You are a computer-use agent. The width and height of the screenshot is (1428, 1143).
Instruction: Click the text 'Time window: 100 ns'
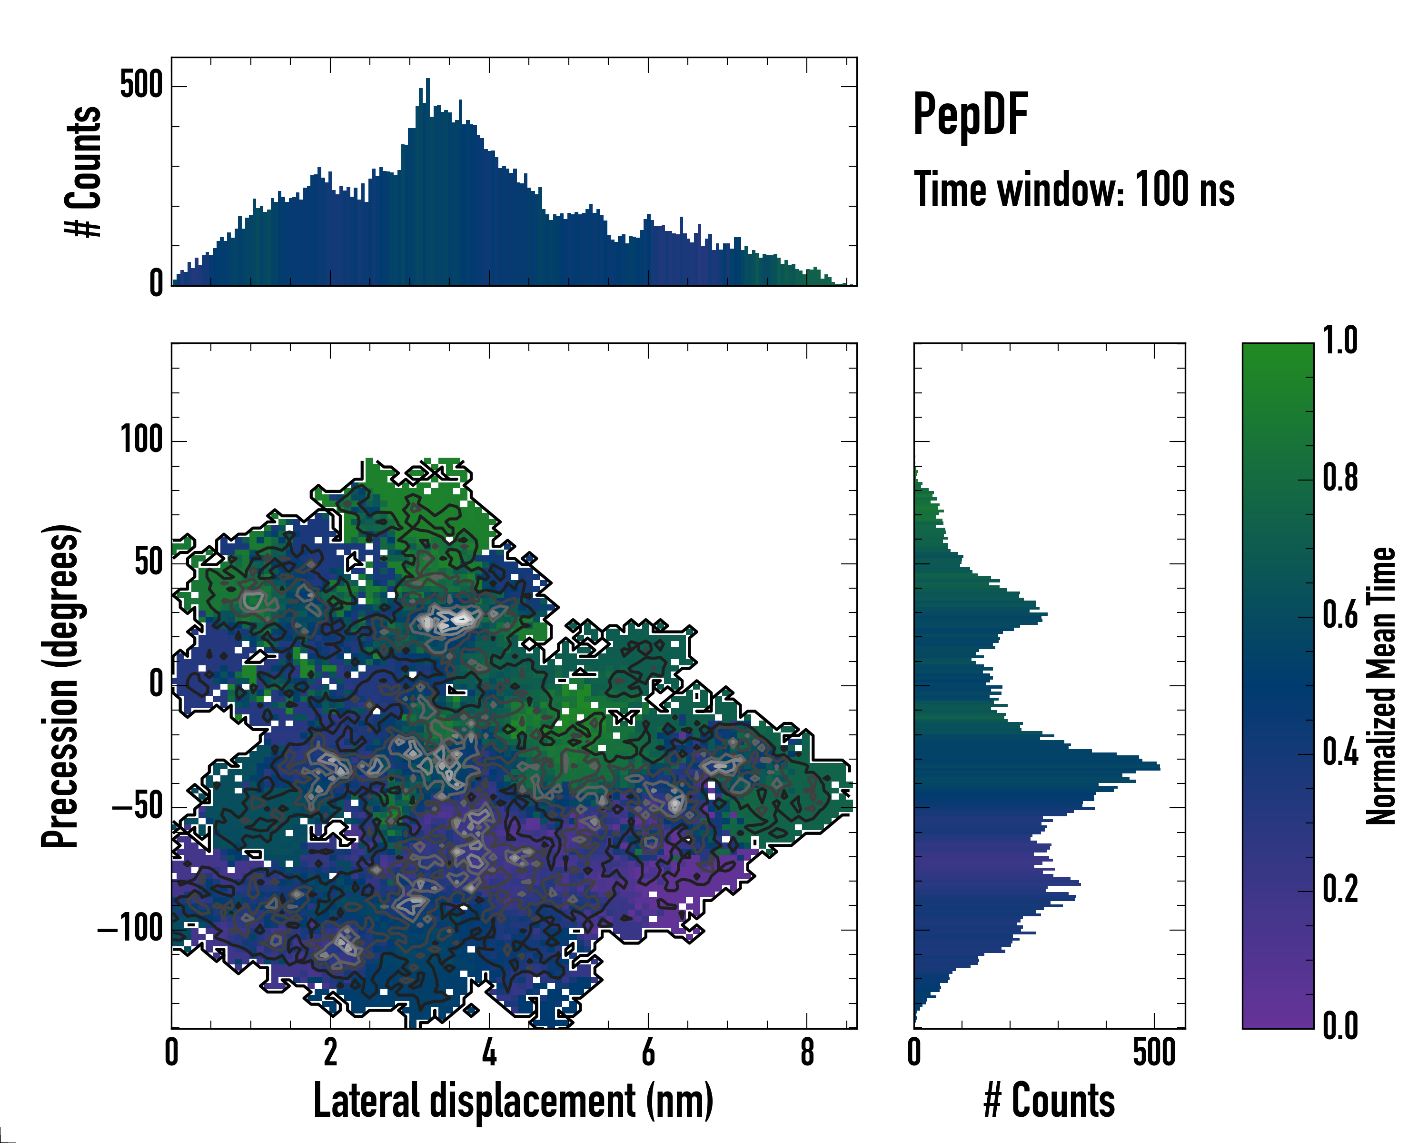tap(1074, 190)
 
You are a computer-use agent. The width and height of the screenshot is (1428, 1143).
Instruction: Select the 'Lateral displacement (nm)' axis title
tap(513, 1101)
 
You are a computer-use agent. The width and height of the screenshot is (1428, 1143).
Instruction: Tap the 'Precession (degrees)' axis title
tap(61, 686)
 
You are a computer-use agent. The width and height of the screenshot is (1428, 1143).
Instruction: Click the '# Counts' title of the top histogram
tap(83, 171)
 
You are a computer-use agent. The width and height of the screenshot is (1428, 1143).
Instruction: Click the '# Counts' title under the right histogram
tap(1049, 1101)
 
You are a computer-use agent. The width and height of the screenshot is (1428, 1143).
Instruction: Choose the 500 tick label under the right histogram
tap(1154, 1053)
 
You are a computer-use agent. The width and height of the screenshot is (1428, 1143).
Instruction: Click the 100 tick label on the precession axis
tap(141, 440)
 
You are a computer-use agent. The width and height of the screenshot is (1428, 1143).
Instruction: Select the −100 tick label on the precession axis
tap(130, 930)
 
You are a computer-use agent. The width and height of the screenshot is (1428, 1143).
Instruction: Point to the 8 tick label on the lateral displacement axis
tap(807, 1053)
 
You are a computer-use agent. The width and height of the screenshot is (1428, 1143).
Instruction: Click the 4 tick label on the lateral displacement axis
tap(489, 1053)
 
